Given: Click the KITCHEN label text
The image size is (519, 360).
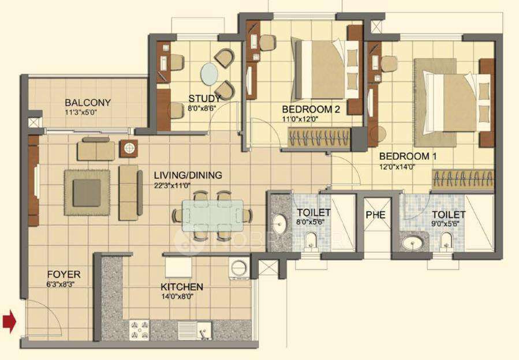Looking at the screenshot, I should (x=182, y=287).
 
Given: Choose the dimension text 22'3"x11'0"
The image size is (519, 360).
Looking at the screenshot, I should (x=171, y=185).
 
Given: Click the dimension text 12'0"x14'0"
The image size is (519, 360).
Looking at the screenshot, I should (x=397, y=167).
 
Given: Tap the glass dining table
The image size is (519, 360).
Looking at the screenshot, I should (x=212, y=215).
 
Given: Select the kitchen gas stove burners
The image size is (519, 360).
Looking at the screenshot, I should (x=139, y=329).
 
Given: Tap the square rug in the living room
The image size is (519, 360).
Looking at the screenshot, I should (x=87, y=192).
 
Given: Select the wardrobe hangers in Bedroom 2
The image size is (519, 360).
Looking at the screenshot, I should (x=319, y=138).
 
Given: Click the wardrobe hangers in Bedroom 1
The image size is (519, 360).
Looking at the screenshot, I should (x=464, y=179).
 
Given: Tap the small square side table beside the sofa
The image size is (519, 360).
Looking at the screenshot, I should (x=128, y=148).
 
